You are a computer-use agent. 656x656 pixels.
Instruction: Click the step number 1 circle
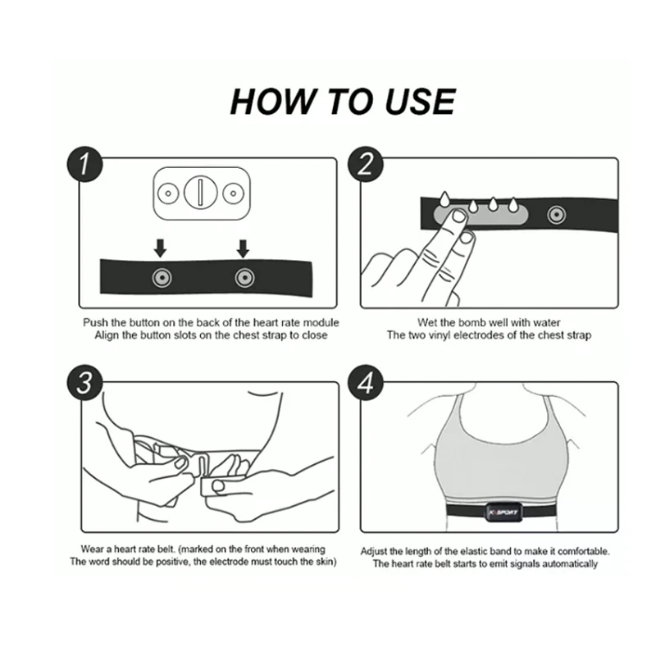click(x=85, y=164)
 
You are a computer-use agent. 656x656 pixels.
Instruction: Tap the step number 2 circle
click(x=366, y=164)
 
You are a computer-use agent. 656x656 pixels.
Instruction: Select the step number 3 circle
click(x=85, y=382)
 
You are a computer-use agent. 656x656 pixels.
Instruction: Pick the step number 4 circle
click(x=366, y=382)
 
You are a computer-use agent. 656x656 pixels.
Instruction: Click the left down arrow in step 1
click(x=160, y=248)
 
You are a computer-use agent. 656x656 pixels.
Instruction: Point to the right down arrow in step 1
click(x=243, y=248)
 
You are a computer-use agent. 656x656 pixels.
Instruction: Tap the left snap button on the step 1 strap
click(x=162, y=277)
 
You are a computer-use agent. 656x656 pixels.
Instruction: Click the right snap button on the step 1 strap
click(x=244, y=277)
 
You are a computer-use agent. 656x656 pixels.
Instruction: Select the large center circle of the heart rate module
click(x=201, y=193)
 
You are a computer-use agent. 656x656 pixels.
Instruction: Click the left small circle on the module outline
click(x=168, y=194)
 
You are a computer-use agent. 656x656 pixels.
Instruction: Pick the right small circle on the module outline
click(x=234, y=194)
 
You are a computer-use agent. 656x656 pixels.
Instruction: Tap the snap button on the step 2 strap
click(x=557, y=215)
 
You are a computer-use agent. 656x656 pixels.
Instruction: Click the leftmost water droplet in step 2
click(x=444, y=198)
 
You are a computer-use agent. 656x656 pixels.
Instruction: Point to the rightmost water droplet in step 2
click(x=513, y=204)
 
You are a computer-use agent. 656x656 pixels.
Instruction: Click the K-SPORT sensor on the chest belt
click(x=503, y=512)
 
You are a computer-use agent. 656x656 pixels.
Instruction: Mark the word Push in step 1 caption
click(x=95, y=322)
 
